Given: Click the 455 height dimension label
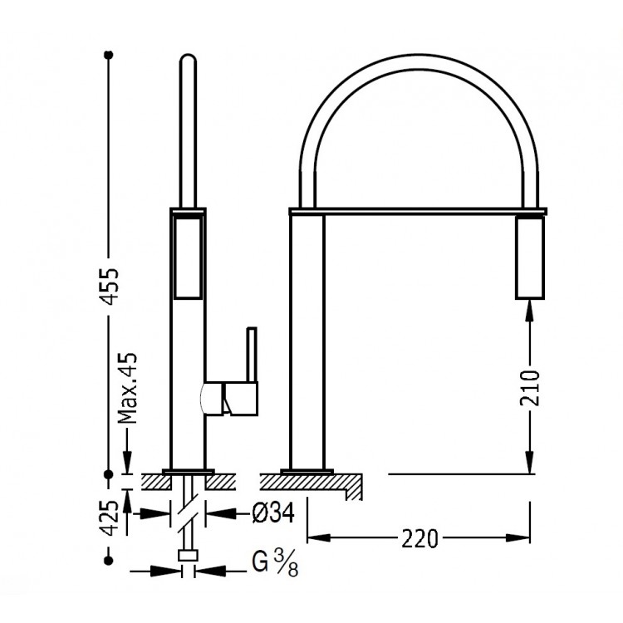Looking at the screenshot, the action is [x=109, y=287].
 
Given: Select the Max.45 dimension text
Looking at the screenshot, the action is [x=128, y=388].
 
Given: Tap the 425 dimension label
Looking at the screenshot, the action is [x=109, y=517].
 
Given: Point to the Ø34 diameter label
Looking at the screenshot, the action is [x=273, y=513].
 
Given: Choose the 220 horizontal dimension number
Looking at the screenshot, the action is [x=419, y=538].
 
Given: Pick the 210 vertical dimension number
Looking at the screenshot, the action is [x=530, y=388].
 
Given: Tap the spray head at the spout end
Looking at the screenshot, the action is [x=530, y=257].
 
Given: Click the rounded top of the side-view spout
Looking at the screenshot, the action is [x=188, y=58].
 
